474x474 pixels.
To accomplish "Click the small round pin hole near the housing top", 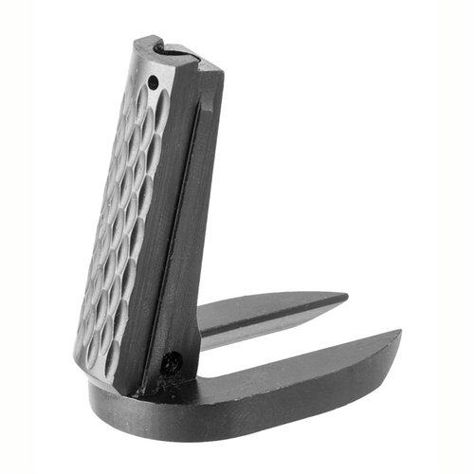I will coord(152,82).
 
